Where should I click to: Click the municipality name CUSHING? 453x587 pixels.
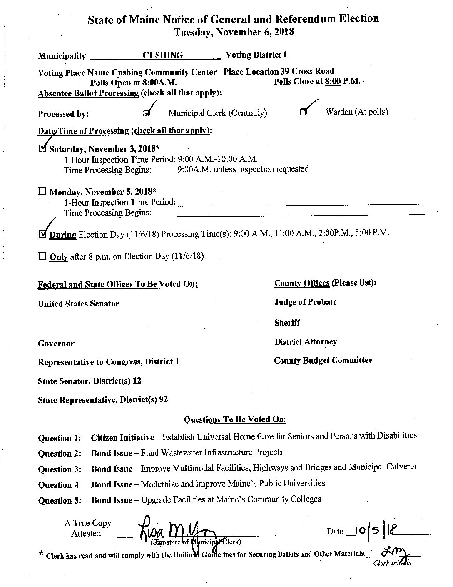[162, 55]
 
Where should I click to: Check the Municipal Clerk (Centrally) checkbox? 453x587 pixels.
[146, 113]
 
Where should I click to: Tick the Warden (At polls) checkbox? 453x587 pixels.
[304, 112]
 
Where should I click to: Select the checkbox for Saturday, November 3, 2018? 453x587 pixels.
[42, 148]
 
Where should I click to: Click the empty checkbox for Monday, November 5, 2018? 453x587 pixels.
[42, 192]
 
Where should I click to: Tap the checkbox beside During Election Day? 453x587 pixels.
[42, 234]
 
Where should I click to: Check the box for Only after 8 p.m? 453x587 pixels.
[42, 256]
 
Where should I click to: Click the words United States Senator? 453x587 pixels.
[78, 304]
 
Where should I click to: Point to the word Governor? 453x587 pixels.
[56, 344]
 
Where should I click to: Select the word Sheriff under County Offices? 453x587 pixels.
[287, 323]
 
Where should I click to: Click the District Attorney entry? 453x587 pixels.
[306, 342]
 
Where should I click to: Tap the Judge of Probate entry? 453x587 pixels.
[305, 302]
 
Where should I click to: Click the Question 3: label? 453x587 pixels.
[60, 469]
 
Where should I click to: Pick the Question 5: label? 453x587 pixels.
[60, 501]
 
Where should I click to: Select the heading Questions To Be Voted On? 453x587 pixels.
[235, 419]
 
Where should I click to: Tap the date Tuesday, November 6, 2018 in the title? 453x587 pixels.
[234, 32]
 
